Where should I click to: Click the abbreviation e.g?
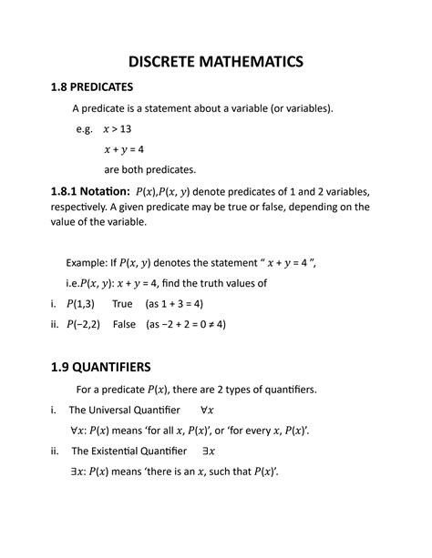pos(85,129)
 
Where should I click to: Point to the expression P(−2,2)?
pos(85,324)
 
